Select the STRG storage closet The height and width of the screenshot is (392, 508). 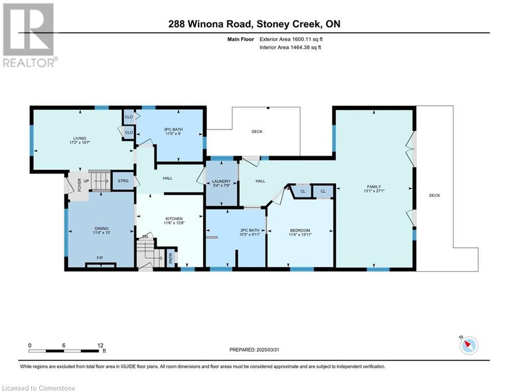point(123,181)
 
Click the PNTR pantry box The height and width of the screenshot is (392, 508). point(171,258)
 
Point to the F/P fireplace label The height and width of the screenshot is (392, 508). point(100,258)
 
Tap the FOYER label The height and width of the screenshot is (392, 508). point(79,185)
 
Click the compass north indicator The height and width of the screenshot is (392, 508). point(469,346)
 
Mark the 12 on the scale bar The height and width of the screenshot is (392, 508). point(101,346)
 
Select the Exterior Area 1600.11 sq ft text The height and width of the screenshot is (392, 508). point(291,39)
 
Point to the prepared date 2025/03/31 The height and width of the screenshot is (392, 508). point(268,350)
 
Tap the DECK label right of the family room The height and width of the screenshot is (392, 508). point(434,195)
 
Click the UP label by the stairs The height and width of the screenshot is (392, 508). point(86,181)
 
